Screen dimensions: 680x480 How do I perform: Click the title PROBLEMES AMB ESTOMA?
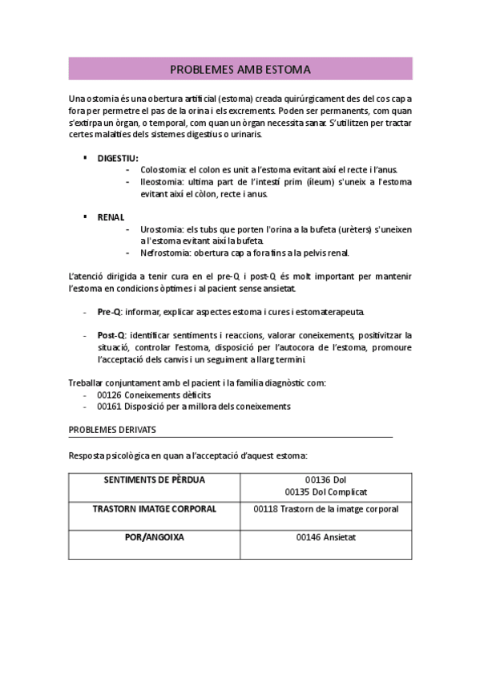(240, 70)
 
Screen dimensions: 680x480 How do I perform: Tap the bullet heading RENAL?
(111, 217)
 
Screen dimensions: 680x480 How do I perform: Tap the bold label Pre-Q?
(111, 312)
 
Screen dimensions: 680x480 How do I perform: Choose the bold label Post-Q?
(111, 335)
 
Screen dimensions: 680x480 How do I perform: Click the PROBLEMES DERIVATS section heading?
(112, 430)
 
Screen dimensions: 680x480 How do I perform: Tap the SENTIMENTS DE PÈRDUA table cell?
(155, 480)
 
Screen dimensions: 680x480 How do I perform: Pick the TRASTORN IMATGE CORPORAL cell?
(154, 508)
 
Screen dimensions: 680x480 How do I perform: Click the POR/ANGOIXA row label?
(154, 537)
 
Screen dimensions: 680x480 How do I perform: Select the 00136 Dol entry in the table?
(325, 480)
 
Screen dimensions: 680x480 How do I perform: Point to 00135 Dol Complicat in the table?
(325, 491)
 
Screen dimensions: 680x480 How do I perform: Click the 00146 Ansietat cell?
(325, 537)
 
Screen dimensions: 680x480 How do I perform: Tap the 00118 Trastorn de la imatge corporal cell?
(325, 508)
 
